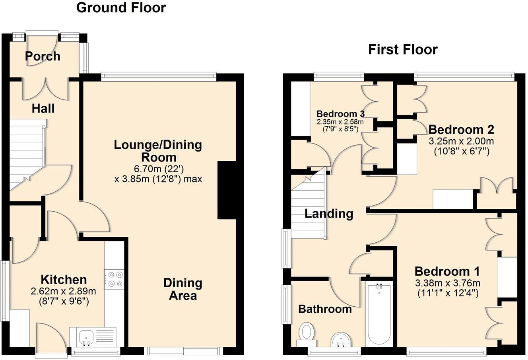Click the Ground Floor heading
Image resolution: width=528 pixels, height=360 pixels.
121,8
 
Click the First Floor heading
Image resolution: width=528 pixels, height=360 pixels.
402,50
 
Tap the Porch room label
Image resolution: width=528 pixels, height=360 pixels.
43,56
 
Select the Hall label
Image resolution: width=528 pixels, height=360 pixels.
43,108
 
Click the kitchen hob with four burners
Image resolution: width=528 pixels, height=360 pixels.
114,278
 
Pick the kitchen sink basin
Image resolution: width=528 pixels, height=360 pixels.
86,338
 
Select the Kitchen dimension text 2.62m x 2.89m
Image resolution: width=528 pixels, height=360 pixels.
64,291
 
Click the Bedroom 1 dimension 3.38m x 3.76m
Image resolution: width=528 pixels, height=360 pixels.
447,283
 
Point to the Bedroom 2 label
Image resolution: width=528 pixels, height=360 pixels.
461,130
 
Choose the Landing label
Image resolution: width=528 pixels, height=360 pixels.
329,214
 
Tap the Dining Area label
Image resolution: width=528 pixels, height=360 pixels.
183,289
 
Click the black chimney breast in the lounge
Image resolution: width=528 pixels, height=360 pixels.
227,190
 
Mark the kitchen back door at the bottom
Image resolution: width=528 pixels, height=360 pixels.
52,338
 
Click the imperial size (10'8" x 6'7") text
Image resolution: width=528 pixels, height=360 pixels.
461,151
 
